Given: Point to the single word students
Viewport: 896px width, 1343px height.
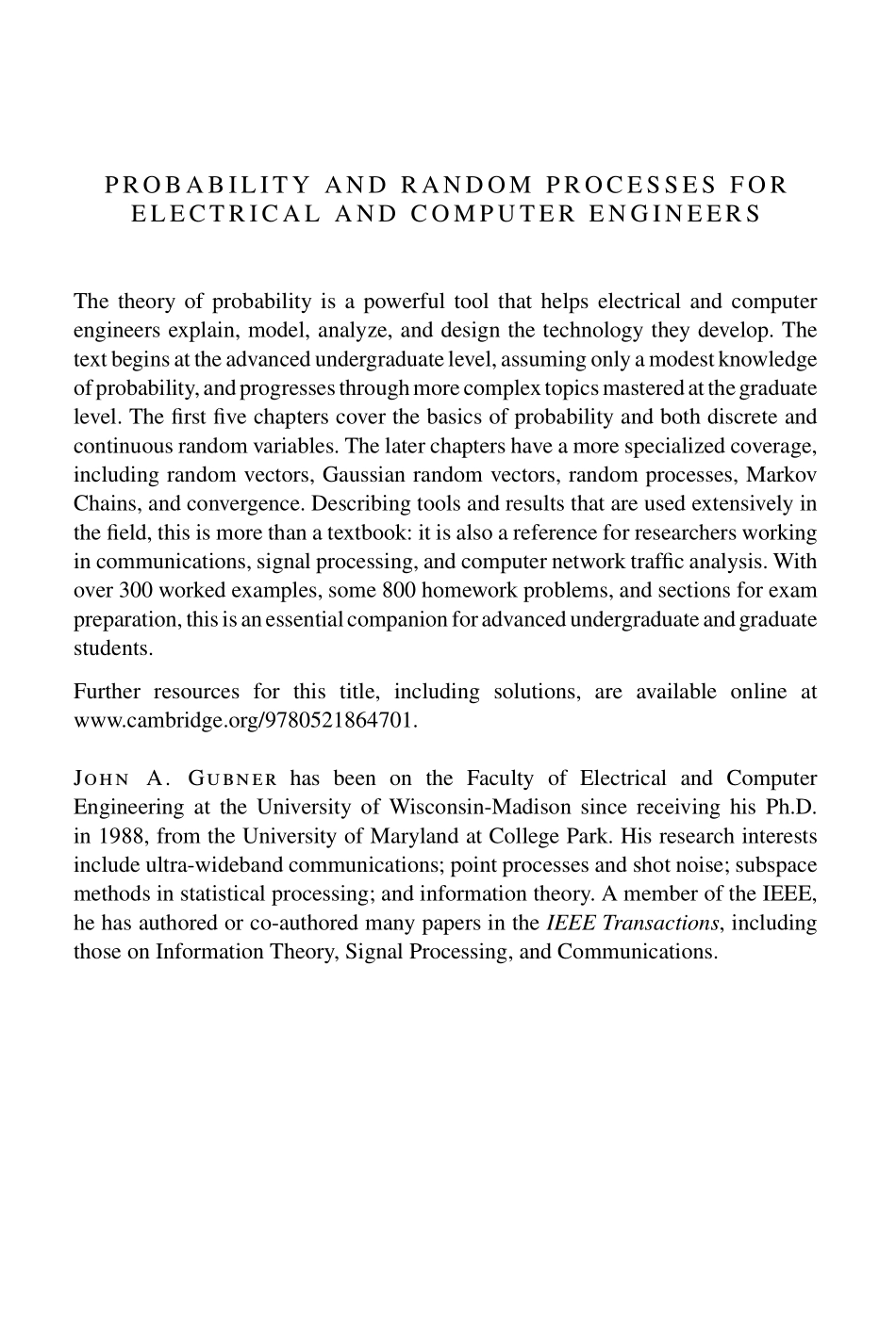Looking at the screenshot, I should [113, 648].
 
